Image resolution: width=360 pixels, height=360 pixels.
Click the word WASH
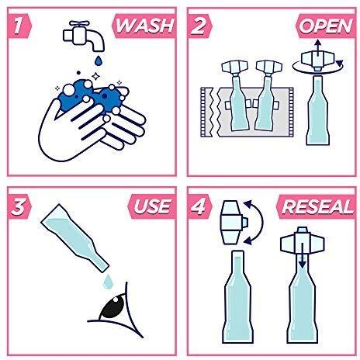coord(145,26)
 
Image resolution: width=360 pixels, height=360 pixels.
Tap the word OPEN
coord(326,26)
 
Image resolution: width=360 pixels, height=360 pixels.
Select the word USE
coord(153,206)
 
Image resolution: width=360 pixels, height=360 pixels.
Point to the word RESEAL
coord(317,206)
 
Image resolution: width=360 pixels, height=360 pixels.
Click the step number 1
coord(18,26)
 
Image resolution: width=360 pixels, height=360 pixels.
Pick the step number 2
coord(199,26)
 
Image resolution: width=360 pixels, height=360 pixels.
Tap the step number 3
coord(18,206)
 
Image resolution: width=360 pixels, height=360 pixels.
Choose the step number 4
coord(199,206)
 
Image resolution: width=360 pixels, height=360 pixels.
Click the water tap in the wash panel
coord(84,36)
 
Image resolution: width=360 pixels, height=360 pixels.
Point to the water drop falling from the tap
coord(99,61)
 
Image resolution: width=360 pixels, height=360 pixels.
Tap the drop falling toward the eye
coord(108,282)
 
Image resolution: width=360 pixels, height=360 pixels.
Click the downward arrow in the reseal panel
coord(302,256)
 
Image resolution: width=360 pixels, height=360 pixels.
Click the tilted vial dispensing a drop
coord(75,238)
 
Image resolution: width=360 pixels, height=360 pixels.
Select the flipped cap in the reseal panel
coord(234,223)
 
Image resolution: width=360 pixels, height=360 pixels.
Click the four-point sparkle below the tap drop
coord(96,76)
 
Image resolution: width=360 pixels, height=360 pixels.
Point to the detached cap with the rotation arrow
coord(318,61)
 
